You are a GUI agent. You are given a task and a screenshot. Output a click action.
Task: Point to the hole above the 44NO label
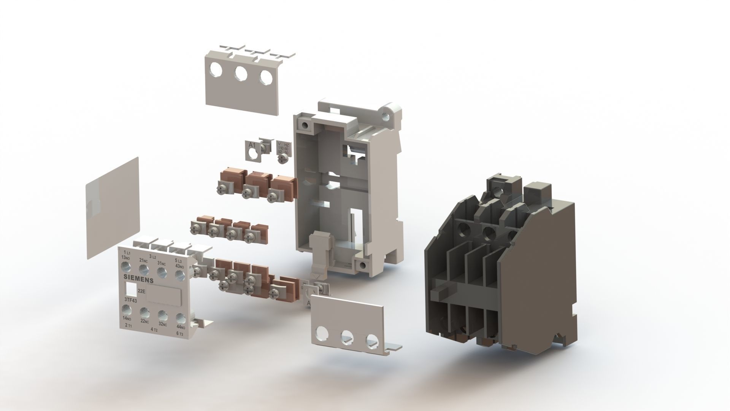[180, 317]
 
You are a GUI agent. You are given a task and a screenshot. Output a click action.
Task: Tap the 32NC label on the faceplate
[163, 324]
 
